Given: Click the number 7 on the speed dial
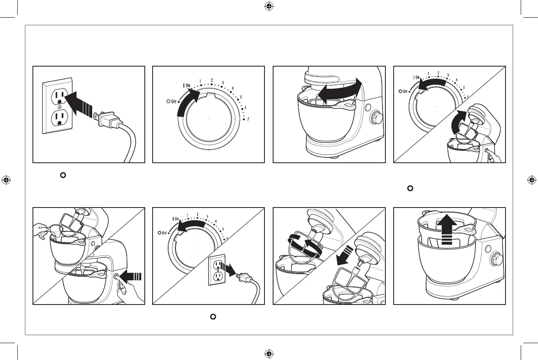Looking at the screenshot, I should [248, 120].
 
